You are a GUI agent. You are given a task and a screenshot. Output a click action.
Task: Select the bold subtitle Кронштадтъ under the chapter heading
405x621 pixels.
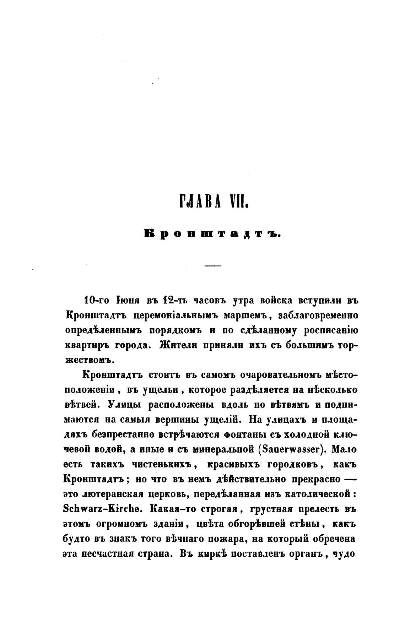(212, 234)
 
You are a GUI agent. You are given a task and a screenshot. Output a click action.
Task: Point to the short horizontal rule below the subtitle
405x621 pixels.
(213, 266)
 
